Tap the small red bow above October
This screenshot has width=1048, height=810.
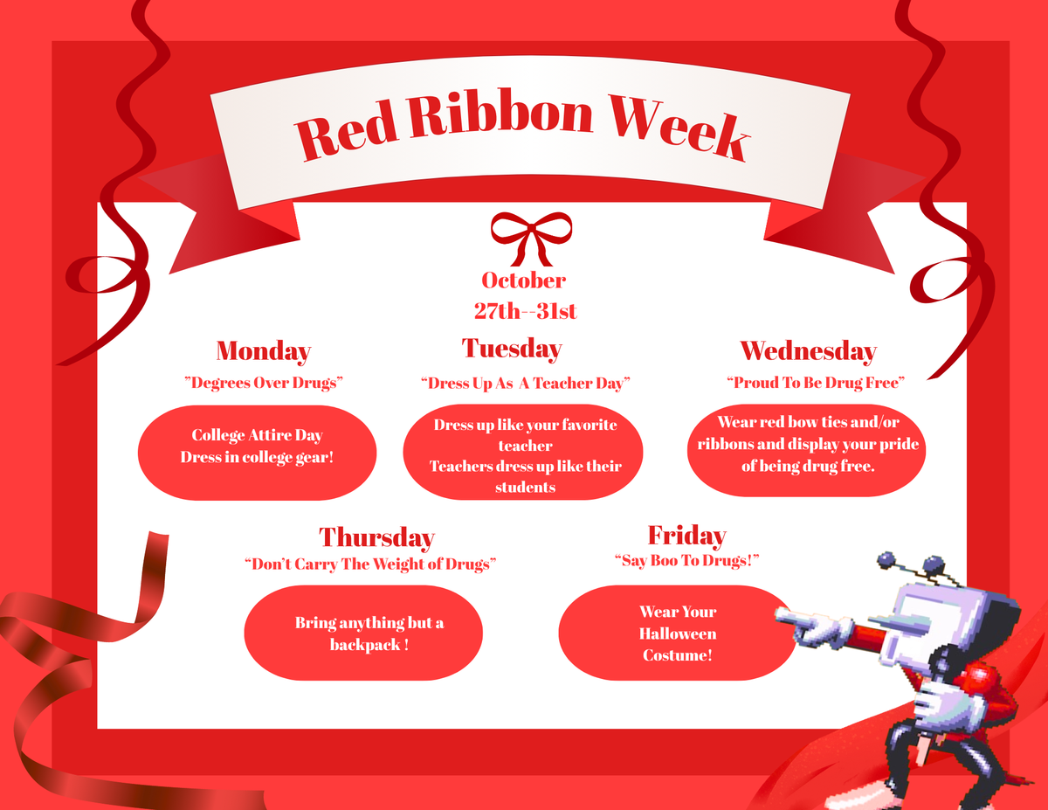click(x=531, y=239)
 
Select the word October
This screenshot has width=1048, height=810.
click(x=524, y=280)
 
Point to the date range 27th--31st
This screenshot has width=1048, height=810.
click(x=525, y=311)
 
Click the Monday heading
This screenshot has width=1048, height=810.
click(x=264, y=351)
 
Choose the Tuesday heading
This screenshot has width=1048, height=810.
click(x=512, y=349)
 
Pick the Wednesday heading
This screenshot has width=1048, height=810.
click(x=809, y=351)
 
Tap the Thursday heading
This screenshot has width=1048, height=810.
click(x=376, y=537)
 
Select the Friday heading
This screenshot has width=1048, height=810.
click(x=686, y=536)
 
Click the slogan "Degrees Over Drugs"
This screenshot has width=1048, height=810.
click(x=264, y=383)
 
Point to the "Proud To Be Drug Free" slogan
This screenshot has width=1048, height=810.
click(x=816, y=383)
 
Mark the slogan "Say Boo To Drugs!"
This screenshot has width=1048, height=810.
click(x=686, y=560)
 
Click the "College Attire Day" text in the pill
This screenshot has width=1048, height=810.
click(x=257, y=435)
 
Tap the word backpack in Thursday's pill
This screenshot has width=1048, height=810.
click(x=365, y=645)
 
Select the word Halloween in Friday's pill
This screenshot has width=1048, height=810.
click(x=678, y=633)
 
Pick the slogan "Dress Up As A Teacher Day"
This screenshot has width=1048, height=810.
click(x=525, y=383)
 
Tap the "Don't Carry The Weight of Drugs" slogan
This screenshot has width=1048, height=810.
click(x=370, y=564)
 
